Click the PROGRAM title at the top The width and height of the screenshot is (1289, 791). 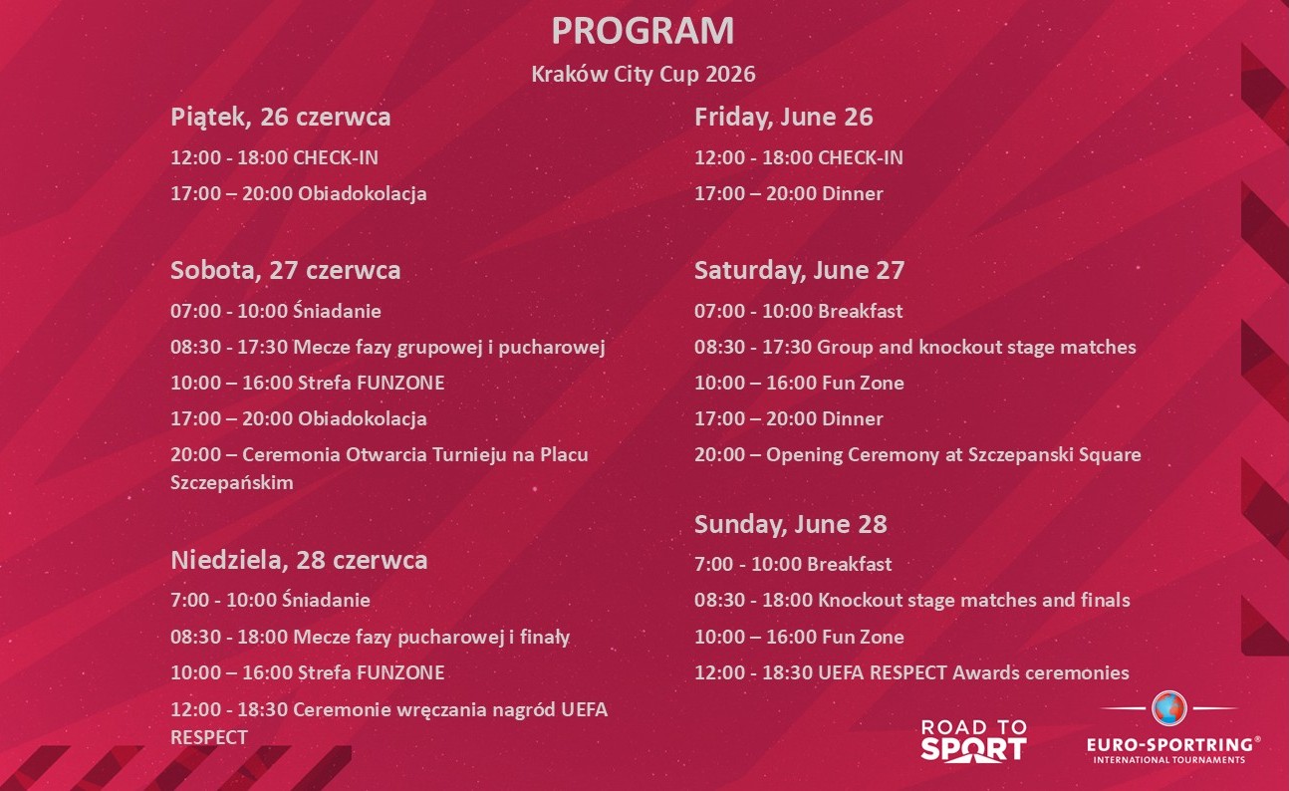pyautogui.click(x=643, y=31)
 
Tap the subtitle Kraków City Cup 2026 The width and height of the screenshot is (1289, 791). pyautogui.click(x=644, y=75)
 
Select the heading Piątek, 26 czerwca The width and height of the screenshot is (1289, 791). pyautogui.click(x=280, y=117)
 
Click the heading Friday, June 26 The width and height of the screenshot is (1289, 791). pyautogui.click(x=783, y=117)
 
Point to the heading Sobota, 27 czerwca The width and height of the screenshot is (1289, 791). pyautogui.click(x=285, y=270)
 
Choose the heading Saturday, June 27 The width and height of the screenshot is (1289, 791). pyautogui.click(x=799, y=270)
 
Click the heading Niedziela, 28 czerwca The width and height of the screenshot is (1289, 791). pyautogui.click(x=299, y=560)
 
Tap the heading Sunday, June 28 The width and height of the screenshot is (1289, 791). pyautogui.click(x=790, y=524)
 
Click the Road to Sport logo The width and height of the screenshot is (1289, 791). pyautogui.click(x=973, y=740)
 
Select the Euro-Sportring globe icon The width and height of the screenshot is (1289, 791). pyautogui.click(x=1168, y=708)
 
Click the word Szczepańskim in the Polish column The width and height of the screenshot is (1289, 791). pyautogui.click(x=232, y=483)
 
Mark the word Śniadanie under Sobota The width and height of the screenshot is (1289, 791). pyautogui.click(x=337, y=311)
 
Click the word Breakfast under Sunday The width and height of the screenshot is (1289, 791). pyautogui.click(x=849, y=564)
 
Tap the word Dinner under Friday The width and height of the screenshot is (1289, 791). pyautogui.click(x=852, y=193)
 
